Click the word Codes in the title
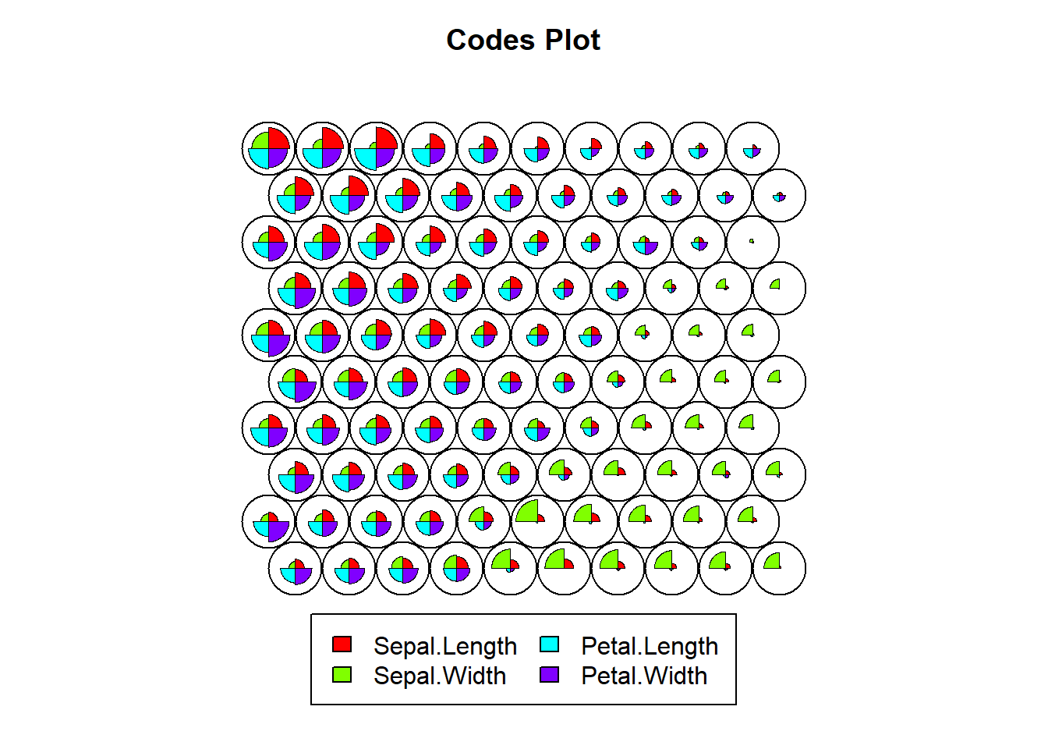pos(490,40)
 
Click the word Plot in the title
pos(572,40)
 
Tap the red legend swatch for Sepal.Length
pos(342,644)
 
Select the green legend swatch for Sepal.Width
pos(342,675)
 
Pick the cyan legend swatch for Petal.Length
pos(549,644)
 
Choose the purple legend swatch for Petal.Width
pos(549,675)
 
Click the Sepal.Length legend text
pos(445,647)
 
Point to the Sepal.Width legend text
pos(440,676)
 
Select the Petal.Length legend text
pos(650,647)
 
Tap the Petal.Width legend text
pos(644,676)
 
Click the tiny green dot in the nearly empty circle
pos(752,241)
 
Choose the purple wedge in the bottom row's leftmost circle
pos(302,575)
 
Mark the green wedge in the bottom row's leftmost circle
pos(291,566)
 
